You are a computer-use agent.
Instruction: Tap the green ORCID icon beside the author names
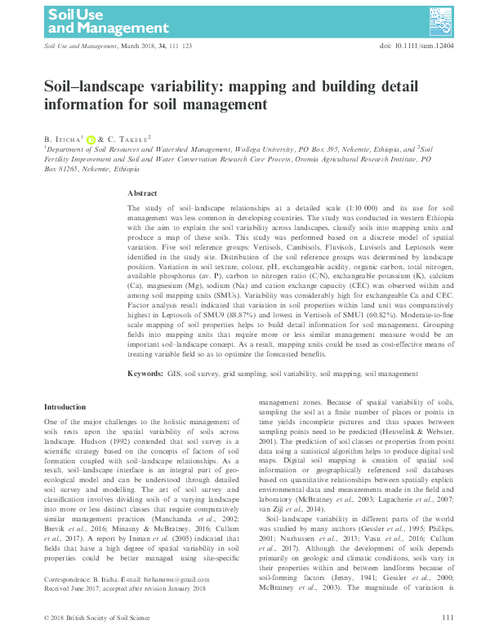[x=91, y=140]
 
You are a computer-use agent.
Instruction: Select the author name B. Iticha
[x=62, y=140]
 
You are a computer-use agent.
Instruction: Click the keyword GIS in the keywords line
[x=175, y=373]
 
